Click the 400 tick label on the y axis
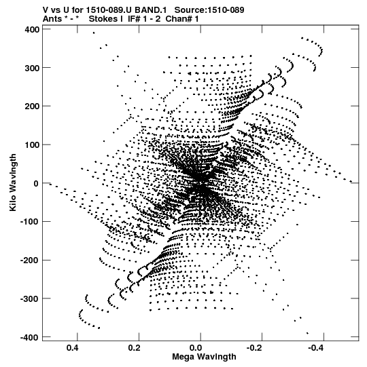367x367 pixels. (32, 30)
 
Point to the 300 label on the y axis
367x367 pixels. (32, 68)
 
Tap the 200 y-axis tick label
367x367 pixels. (32, 107)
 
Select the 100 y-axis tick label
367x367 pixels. (32, 145)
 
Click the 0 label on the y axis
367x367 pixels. (36, 183)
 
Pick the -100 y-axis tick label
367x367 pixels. (30, 222)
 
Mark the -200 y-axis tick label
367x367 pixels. (30, 260)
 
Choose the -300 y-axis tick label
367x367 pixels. (30, 298)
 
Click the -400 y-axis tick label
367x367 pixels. (30, 337)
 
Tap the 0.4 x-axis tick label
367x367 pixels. (72, 348)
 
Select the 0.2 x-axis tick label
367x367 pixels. (134, 348)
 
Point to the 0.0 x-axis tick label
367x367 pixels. (196, 348)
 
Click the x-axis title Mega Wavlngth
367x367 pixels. (204, 357)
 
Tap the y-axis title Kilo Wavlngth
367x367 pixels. (13, 182)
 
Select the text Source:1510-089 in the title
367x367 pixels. (209, 9)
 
